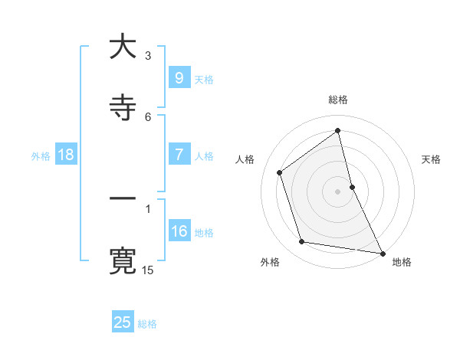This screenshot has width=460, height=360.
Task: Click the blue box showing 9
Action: [179, 78]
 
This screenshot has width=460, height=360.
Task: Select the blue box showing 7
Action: [179, 155]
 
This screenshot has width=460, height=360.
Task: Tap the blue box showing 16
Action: [179, 231]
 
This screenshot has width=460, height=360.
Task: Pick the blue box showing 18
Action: [66, 155]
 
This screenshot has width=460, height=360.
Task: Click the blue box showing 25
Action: [123, 322]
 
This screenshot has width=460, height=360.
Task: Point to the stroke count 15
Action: [148, 270]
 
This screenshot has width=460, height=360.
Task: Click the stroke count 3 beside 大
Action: [148, 55]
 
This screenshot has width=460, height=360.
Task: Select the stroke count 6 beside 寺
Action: [148, 116]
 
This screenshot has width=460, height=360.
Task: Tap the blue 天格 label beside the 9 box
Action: [204, 79]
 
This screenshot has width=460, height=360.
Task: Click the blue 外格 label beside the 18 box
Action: [41, 155]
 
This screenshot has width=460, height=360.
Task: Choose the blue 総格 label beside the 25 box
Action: [147, 323]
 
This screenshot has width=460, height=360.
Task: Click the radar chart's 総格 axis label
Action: [338, 100]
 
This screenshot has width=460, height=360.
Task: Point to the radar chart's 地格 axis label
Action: [402, 262]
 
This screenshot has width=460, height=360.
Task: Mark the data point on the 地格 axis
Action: [381, 253]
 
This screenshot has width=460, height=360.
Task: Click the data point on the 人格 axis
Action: [280, 172]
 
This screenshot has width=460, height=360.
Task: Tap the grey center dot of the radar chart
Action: [338, 191]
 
